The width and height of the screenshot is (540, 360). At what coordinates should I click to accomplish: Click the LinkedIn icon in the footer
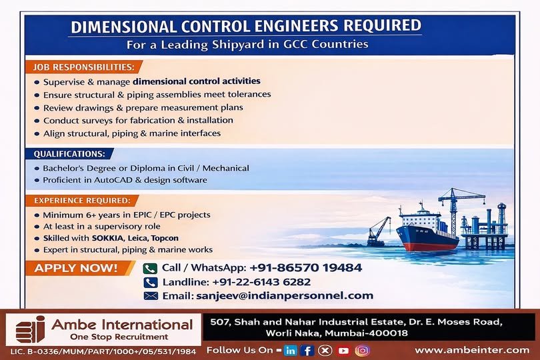pyautogui.click(x=290, y=350)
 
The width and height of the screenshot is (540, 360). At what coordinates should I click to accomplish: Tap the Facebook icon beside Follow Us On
pyautogui.click(x=307, y=350)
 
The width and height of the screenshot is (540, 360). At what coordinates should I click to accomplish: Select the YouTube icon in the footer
pyautogui.click(x=343, y=350)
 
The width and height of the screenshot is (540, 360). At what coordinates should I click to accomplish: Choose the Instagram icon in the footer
pyautogui.click(x=362, y=350)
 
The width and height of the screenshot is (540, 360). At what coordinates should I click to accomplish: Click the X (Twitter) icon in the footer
pyautogui.click(x=325, y=350)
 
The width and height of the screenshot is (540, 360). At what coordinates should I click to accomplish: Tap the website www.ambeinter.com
pyautogui.click(x=471, y=350)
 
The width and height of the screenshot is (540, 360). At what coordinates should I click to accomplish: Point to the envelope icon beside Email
pyautogui.click(x=150, y=295)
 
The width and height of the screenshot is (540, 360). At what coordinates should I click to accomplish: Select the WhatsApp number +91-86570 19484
pyautogui.click(x=305, y=268)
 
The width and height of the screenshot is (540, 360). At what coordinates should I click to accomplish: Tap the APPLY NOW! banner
pyautogui.click(x=75, y=269)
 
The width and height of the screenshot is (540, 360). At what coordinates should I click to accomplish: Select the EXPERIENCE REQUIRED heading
pyautogui.click(x=81, y=200)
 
